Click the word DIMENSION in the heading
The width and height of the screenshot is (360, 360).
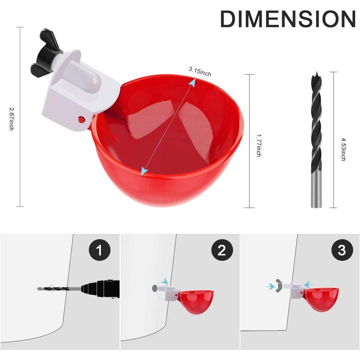[x=288, y=19]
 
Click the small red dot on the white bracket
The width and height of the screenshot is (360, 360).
[x=81, y=119]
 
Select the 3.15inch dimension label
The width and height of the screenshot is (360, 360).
[x=200, y=70]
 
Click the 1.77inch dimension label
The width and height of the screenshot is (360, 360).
[x=258, y=144]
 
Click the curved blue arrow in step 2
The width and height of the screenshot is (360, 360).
[x=164, y=282]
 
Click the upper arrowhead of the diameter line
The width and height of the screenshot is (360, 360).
[x=192, y=81]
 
